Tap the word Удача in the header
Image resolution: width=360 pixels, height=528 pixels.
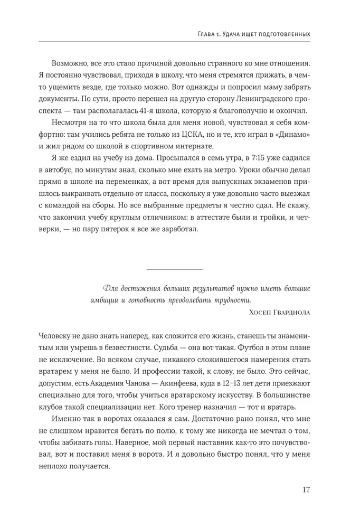(x=229, y=34)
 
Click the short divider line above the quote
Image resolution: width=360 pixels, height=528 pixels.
(x=174, y=270)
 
